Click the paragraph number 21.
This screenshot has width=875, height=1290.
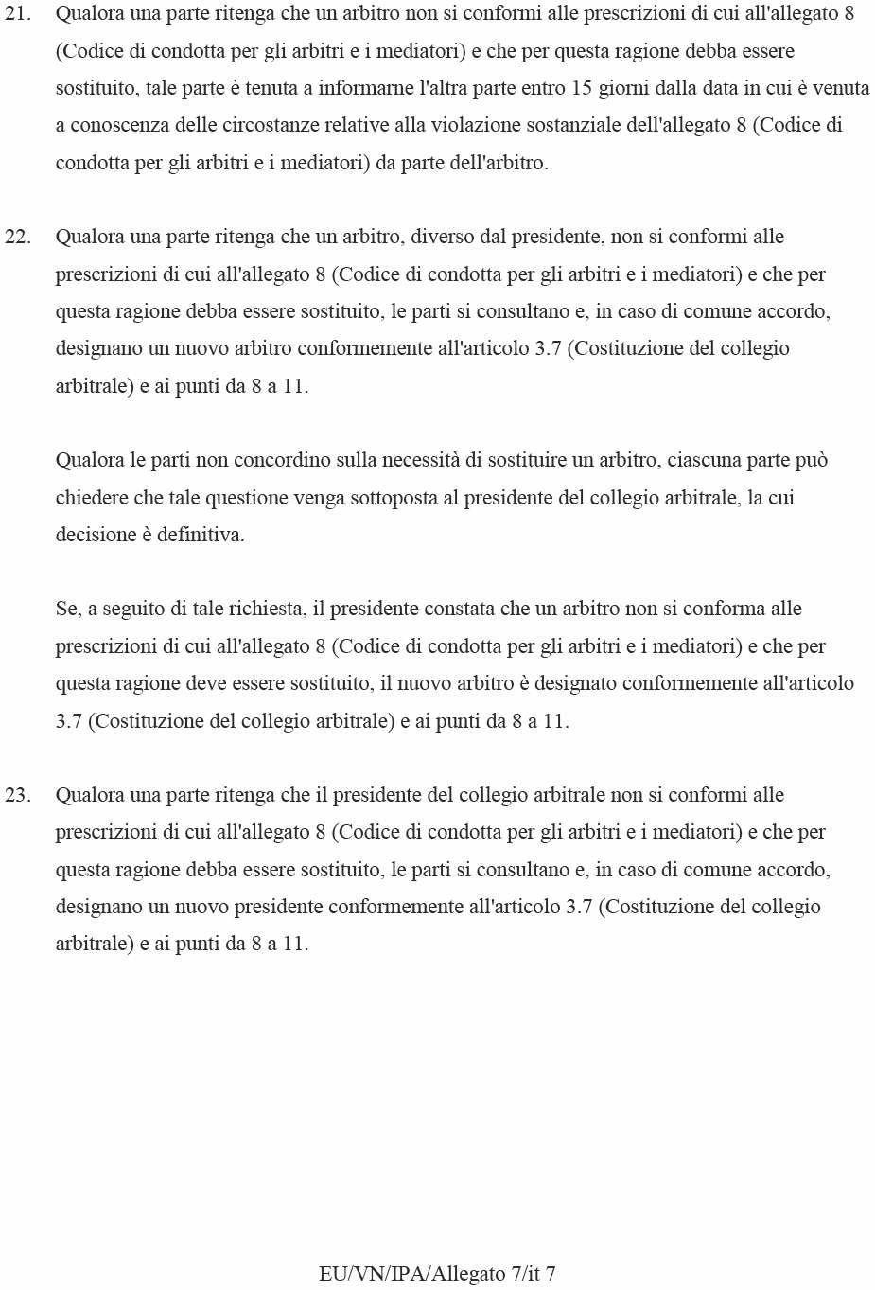click(x=18, y=14)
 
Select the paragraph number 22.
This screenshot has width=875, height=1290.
click(x=18, y=237)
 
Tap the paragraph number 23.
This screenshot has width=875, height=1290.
click(x=18, y=795)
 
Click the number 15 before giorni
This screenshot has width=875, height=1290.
click(x=582, y=88)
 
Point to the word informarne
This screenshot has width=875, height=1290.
click(x=366, y=88)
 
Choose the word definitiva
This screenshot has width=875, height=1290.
click(x=201, y=535)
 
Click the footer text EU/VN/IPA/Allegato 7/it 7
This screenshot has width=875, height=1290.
click(x=437, y=1274)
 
